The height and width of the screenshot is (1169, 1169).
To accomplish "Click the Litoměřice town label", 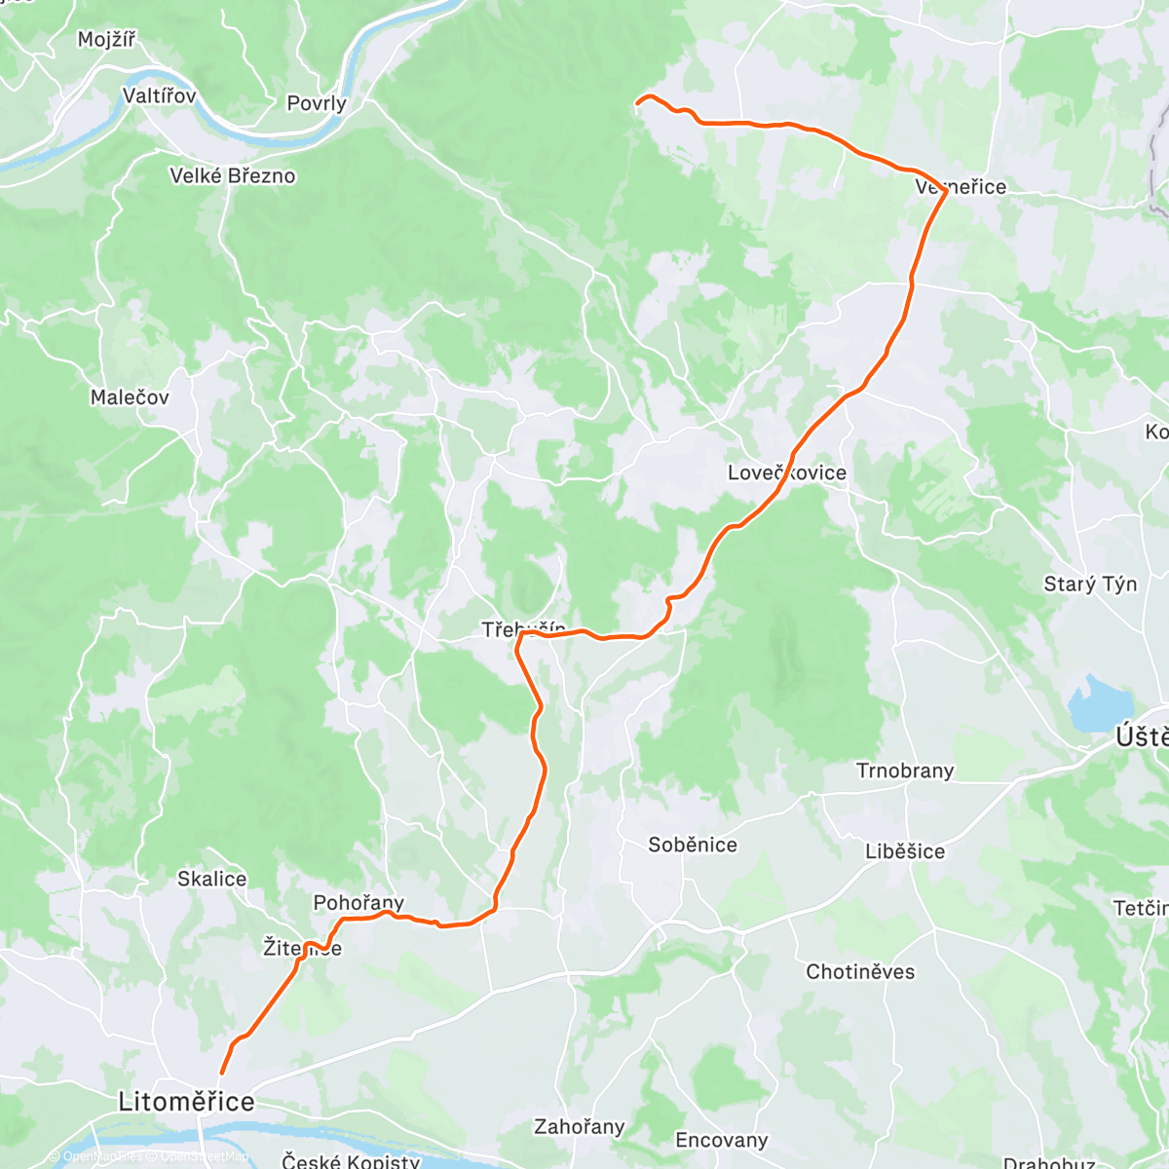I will coord(186,1102).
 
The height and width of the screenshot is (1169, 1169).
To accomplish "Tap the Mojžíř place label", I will coord(106,40).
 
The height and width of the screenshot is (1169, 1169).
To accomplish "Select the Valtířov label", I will coord(160,96).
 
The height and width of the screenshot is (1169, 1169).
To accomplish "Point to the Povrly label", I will coord(317,103).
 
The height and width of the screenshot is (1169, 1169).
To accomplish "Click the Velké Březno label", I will coord(232,176).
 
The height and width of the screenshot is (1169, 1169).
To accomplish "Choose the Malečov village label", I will coord(130,397).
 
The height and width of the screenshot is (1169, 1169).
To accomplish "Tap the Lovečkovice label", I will coord(787,473).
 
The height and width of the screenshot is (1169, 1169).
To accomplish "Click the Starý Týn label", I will coord(1090,584).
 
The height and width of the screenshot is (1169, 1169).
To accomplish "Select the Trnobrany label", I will coord(905,772).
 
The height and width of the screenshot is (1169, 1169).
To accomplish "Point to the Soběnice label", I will coord(693,845).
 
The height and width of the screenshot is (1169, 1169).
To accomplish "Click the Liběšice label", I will coord(905,851).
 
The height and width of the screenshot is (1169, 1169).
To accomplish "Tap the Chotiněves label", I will coord(860,971).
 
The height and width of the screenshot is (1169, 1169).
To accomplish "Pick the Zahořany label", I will coord(579,1127).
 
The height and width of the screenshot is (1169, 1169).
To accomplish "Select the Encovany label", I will coord(722,1140).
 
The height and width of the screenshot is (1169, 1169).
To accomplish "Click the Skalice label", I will coord(211,879).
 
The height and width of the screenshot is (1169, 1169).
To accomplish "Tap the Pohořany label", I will coord(358,903).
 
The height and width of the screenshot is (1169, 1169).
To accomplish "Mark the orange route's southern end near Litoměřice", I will coord(221,1074).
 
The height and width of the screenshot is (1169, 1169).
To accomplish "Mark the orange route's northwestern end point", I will coord(637,102).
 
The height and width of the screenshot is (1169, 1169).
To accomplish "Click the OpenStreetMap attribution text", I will coord(205,1157).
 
